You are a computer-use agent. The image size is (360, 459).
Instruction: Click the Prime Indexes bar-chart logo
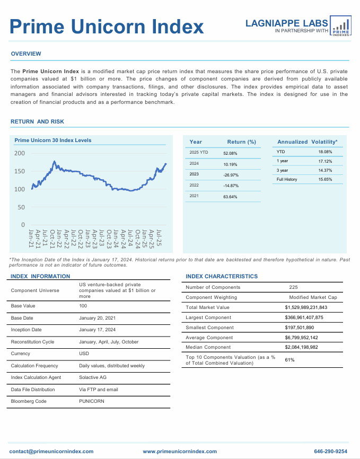click(x=340, y=26)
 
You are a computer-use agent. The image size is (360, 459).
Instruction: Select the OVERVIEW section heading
click(x=26, y=54)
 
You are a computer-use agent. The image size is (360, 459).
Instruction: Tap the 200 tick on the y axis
click(x=20, y=153)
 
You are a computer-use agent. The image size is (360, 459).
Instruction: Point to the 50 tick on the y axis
click(x=22, y=207)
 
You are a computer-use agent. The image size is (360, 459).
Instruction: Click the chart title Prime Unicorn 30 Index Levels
click(x=53, y=140)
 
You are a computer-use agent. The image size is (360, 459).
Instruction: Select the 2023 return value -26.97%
click(x=231, y=174)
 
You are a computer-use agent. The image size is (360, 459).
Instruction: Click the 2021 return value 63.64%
click(x=230, y=197)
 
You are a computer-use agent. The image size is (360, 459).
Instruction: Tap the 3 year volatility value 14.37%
click(x=325, y=170)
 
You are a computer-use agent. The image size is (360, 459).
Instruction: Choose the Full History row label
click(x=287, y=180)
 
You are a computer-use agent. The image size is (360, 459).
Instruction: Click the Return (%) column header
click(x=241, y=142)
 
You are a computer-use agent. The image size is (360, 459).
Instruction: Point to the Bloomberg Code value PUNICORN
click(x=92, y=401)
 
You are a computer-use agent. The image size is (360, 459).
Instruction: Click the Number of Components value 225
click(x=293, y=287)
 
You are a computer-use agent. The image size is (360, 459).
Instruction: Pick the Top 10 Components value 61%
click(x=289, y=360)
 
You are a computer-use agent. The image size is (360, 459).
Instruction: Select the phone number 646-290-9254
click(x=331, y=452)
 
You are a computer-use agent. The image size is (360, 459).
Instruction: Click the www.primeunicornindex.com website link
click(x=180, y=452)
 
